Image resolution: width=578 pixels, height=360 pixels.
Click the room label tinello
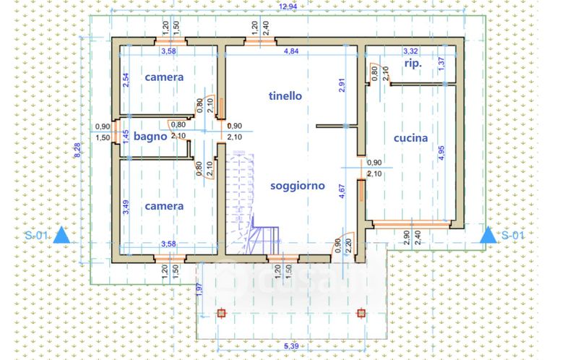(x=285, y=95)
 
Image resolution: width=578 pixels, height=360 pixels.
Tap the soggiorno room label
(x=298, y=186)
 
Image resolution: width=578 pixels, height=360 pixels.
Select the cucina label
(x=410, y=137)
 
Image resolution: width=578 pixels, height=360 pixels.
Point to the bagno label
(x=150, y=135)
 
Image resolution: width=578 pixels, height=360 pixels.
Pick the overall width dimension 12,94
(x=288, y=7)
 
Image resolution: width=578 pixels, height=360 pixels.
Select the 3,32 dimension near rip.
(x=410, y=51)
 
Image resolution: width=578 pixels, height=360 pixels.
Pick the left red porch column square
(x=222, y=313)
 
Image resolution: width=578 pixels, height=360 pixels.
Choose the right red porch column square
(x=361, y=313)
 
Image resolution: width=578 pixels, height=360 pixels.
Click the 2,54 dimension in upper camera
(x=126, y=80)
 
